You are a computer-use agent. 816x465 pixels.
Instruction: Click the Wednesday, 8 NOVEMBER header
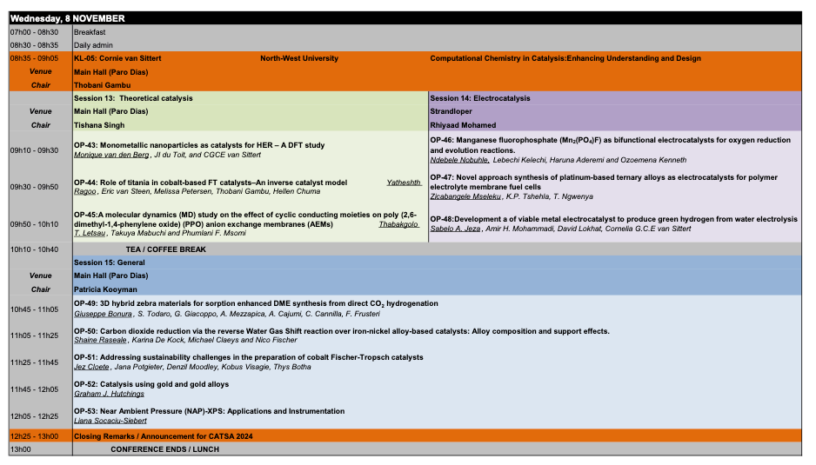(x=67, y=18)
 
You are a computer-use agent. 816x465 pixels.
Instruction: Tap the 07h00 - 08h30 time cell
(x=34, y=32)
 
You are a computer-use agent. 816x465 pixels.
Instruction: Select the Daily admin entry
(x=93, y=45)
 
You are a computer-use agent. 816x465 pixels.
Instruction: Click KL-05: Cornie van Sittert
(x=117, y=58)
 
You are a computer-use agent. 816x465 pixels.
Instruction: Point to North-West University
(x=299, y=58)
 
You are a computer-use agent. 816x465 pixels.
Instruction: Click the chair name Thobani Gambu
(x=101, y=85)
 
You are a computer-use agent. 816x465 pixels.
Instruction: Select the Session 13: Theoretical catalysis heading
(x=133, y=98)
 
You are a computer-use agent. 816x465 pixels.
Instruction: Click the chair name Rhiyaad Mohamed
(x=465, y=125)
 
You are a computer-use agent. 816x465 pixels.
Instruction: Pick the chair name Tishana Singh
(x=98, y=125)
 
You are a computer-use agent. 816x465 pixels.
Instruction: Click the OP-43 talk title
(x=199, y=145)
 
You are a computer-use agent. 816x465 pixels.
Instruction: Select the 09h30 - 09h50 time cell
(x=34, y=187)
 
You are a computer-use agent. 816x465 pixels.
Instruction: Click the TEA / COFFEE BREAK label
(x=165, y=249)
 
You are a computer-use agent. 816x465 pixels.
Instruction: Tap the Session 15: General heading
(x=110, y=262)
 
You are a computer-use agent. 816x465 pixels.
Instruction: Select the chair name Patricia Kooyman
(x=105, y=289)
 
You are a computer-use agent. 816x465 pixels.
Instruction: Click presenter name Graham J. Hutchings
(x=109, y=394)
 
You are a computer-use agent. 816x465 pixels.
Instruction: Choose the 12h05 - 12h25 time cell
(x=34, y=415)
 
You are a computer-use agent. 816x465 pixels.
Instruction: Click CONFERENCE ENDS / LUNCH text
(x=164, y=449)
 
